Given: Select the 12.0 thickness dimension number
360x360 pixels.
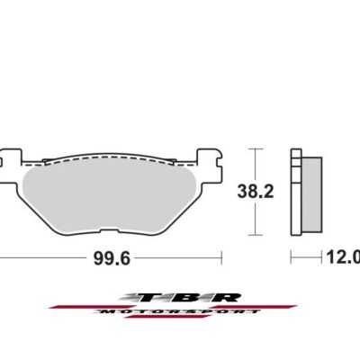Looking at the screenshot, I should tap(343, 257).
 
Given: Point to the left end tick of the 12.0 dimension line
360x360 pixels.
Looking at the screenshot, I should tap(292, 257).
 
